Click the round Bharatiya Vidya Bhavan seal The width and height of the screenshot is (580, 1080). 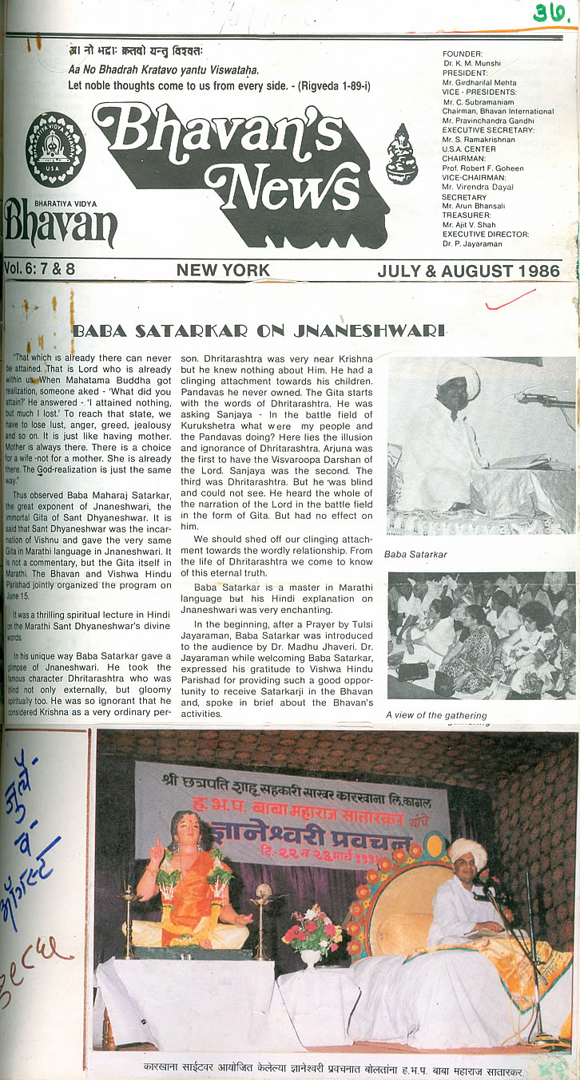coord(54,149)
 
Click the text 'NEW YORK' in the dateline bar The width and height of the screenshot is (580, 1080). coord(223,271)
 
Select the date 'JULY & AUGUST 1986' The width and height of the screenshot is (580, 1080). coord(468,271)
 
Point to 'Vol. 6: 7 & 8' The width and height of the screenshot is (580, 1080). coord(39,270)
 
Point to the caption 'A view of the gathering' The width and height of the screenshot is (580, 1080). coord(436,715)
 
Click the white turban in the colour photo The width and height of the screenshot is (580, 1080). coord(467,851)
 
